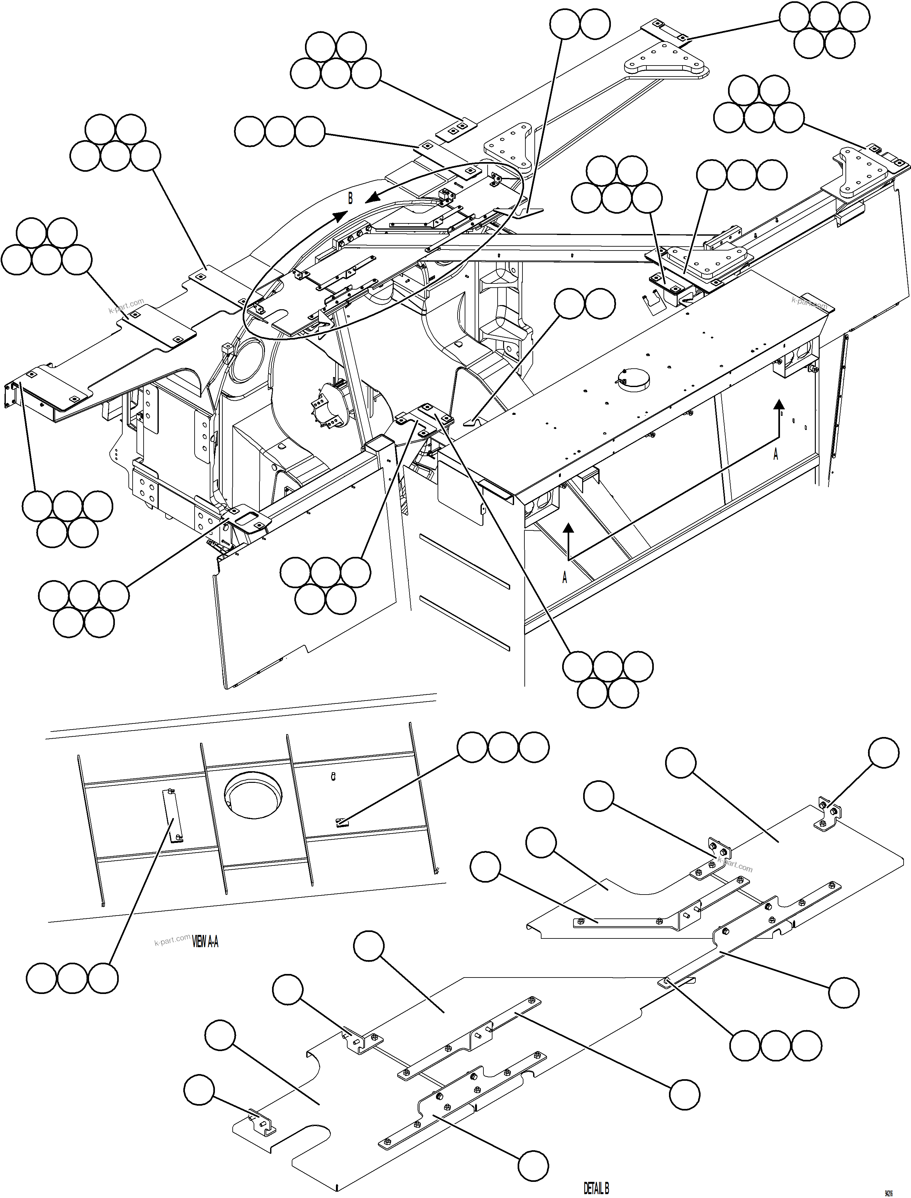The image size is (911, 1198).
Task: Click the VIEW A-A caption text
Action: pyautogui.click(x=206, y=943)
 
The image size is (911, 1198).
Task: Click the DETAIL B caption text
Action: pyautogui.click(x=596, y=1189)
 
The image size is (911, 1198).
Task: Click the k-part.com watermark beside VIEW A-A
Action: pyautogui.click(x=172, y=939)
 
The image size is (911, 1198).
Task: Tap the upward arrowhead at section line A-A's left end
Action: pyautogui.click(x=568, y=529)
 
